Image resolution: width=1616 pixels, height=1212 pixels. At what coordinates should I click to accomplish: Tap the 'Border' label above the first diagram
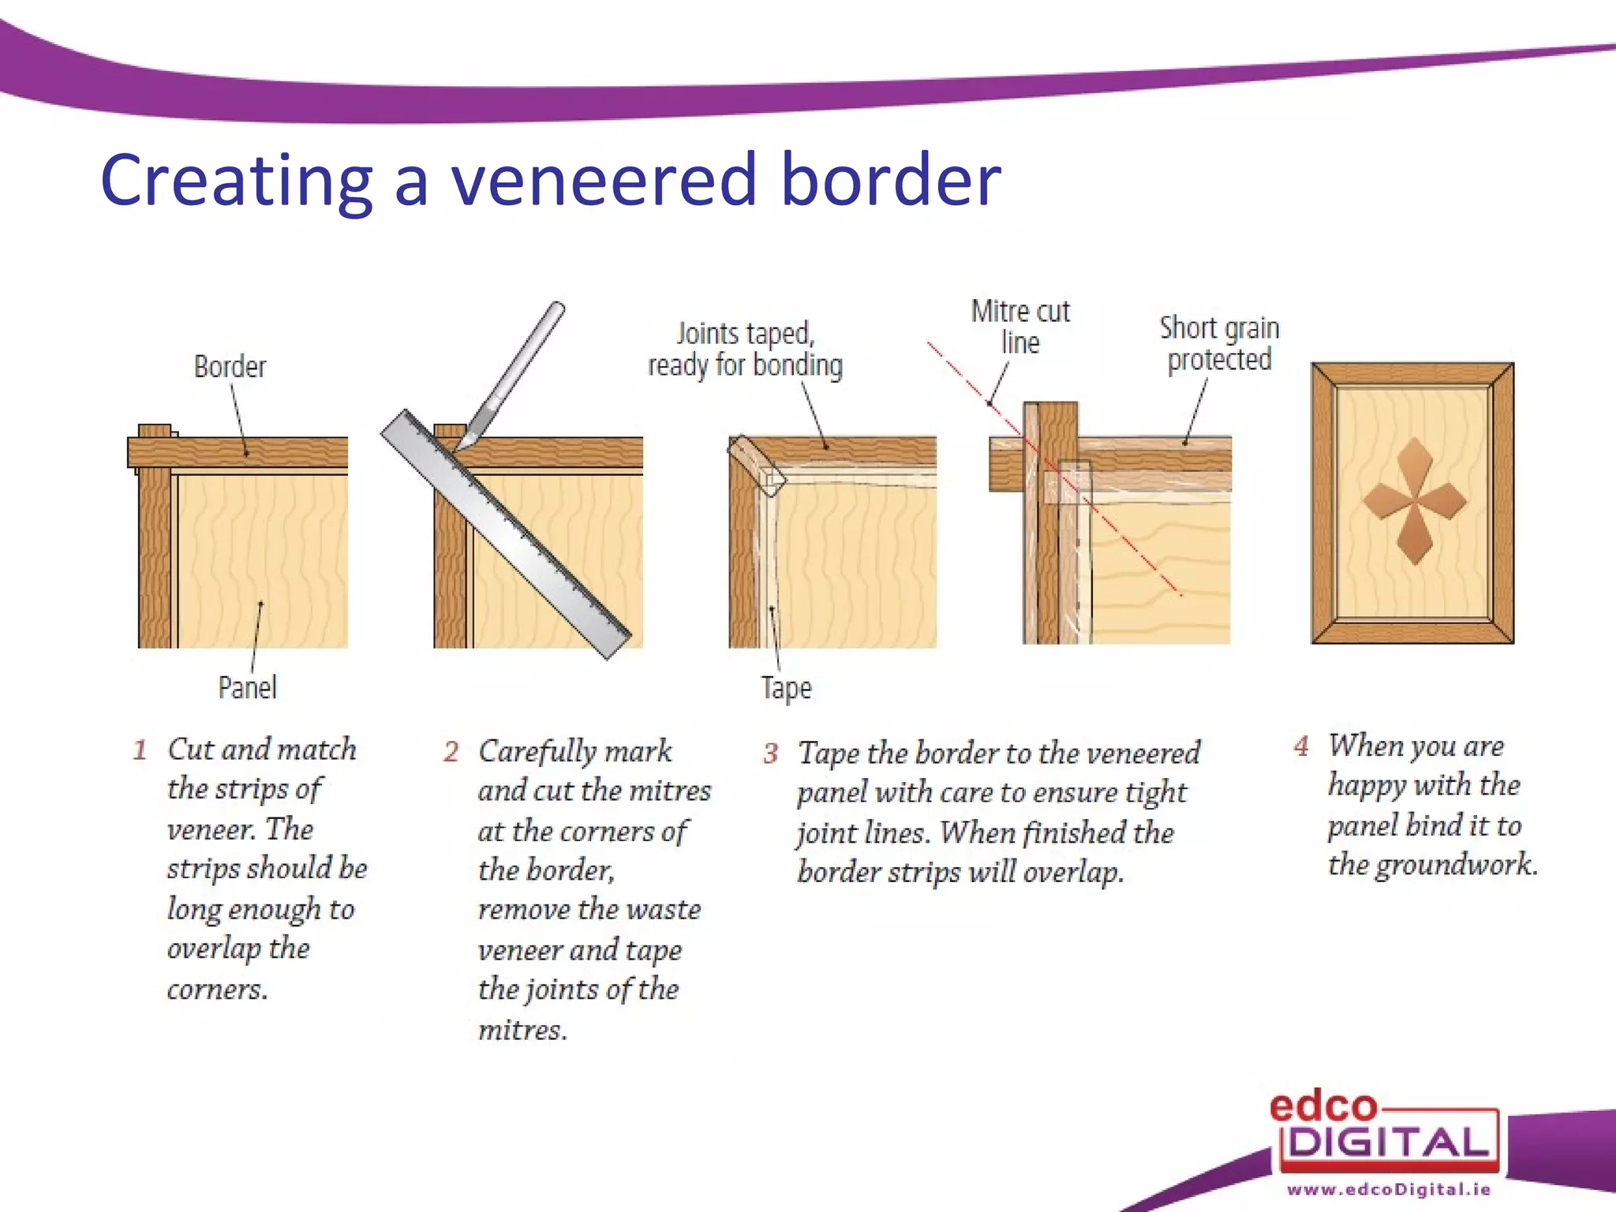[230, 367]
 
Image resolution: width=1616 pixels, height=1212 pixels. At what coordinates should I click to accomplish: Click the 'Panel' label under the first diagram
[247, 687]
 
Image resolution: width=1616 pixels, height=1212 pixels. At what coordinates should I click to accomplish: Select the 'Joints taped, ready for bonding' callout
[745, 350]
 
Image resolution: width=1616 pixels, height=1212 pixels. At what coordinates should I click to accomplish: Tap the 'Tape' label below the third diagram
[786, 688]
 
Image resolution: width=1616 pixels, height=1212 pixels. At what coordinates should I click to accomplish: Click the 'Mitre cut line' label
[1019, 327]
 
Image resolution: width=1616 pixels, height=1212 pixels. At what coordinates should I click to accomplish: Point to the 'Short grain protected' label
[1219, 343]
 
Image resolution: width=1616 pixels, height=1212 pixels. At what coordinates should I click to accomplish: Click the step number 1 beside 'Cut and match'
[140, 750]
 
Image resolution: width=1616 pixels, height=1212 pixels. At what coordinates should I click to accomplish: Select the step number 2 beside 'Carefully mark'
[451, 751]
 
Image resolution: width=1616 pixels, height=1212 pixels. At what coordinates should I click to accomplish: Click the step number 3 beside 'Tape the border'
[770, 754]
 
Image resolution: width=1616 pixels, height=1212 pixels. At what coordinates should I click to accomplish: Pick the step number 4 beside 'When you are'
[1301, 746]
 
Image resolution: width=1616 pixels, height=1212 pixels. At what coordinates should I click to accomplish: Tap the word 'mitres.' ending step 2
[522, 1030]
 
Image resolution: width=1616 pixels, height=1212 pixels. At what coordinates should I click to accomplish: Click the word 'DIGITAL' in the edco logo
[1389, 1143]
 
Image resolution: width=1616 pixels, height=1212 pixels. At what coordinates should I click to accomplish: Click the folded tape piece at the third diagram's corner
[756, 466]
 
